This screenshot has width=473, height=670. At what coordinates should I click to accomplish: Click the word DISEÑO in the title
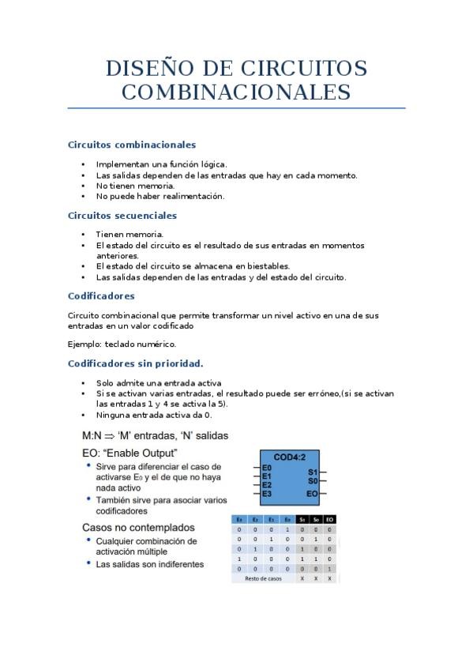coord(153,69)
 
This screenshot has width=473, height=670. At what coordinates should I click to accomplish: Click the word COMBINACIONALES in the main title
coord(236,92)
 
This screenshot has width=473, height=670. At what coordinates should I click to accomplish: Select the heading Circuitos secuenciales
coord(122,215)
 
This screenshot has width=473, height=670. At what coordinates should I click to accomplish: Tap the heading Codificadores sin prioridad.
coord(136,363)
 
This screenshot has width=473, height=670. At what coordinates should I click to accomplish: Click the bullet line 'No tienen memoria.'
coord(135,186)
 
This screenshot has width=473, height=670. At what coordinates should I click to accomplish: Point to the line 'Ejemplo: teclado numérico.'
coord(122,344)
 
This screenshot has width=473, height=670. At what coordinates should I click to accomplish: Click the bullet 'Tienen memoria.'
coord(130,234)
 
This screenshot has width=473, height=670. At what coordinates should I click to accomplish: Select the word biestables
coord(266,266)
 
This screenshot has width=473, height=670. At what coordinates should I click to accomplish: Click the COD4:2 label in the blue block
coord(290,457)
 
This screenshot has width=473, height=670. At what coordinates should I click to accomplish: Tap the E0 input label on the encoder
coord(267,469)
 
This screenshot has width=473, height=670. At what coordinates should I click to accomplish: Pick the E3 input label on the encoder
coord(267,493)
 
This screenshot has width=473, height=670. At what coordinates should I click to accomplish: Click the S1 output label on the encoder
coord(313,472)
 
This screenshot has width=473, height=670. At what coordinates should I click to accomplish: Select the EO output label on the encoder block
coord(313,493)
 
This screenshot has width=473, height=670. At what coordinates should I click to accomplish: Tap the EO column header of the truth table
coord(330,519)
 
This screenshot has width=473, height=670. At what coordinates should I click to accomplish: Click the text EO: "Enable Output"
coord(130,452)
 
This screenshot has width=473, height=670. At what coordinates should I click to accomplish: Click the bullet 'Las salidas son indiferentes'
coord(150,564)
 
